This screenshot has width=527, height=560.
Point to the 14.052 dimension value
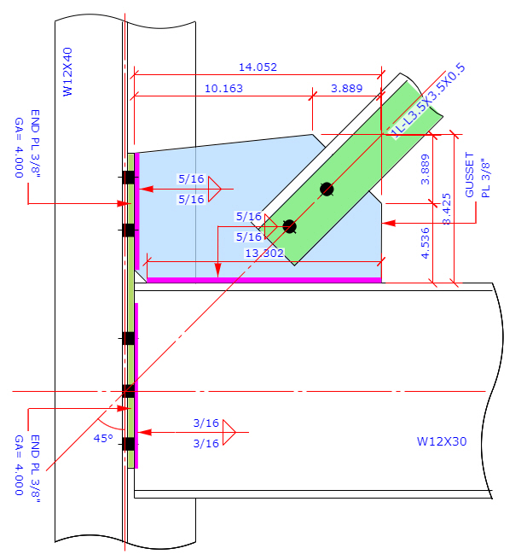257,67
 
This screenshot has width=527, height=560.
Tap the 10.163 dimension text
224,88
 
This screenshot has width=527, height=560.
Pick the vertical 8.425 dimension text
445,209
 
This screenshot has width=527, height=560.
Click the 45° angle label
103,438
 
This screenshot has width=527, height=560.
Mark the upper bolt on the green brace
326,188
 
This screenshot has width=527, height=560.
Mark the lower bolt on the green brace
289,226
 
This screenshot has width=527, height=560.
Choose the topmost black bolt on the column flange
128,178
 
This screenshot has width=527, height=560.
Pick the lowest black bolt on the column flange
128,444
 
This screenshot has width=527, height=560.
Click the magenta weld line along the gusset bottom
263,279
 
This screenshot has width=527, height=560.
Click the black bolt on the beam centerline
128,391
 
